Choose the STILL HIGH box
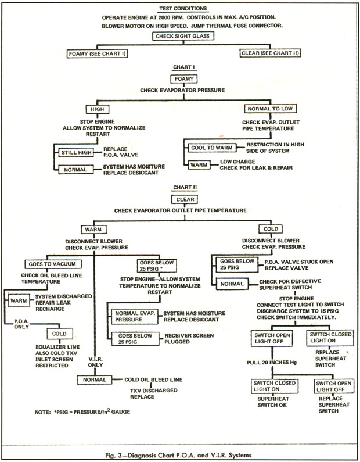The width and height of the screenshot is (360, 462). tap(75, 153)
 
